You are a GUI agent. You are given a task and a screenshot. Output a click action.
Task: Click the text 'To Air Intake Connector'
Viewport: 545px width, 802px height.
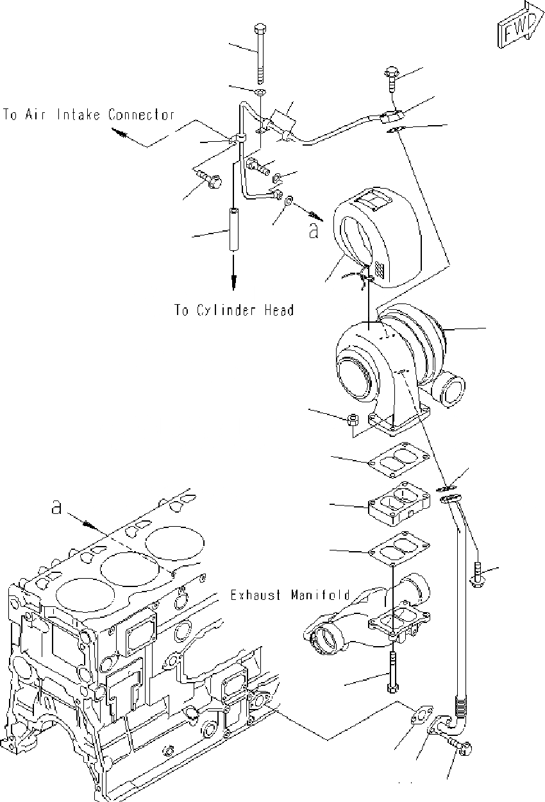coord(89,115)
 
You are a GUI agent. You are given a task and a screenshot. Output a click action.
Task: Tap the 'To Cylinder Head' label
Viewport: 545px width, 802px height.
coord(234,311)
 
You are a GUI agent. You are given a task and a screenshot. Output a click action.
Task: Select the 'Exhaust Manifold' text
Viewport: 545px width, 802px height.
coord(290,595)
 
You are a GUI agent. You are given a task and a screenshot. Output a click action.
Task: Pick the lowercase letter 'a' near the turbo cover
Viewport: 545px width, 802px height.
coord(314,230)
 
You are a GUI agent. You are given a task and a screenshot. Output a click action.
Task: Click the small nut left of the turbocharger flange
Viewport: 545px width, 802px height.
coord(351,421)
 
